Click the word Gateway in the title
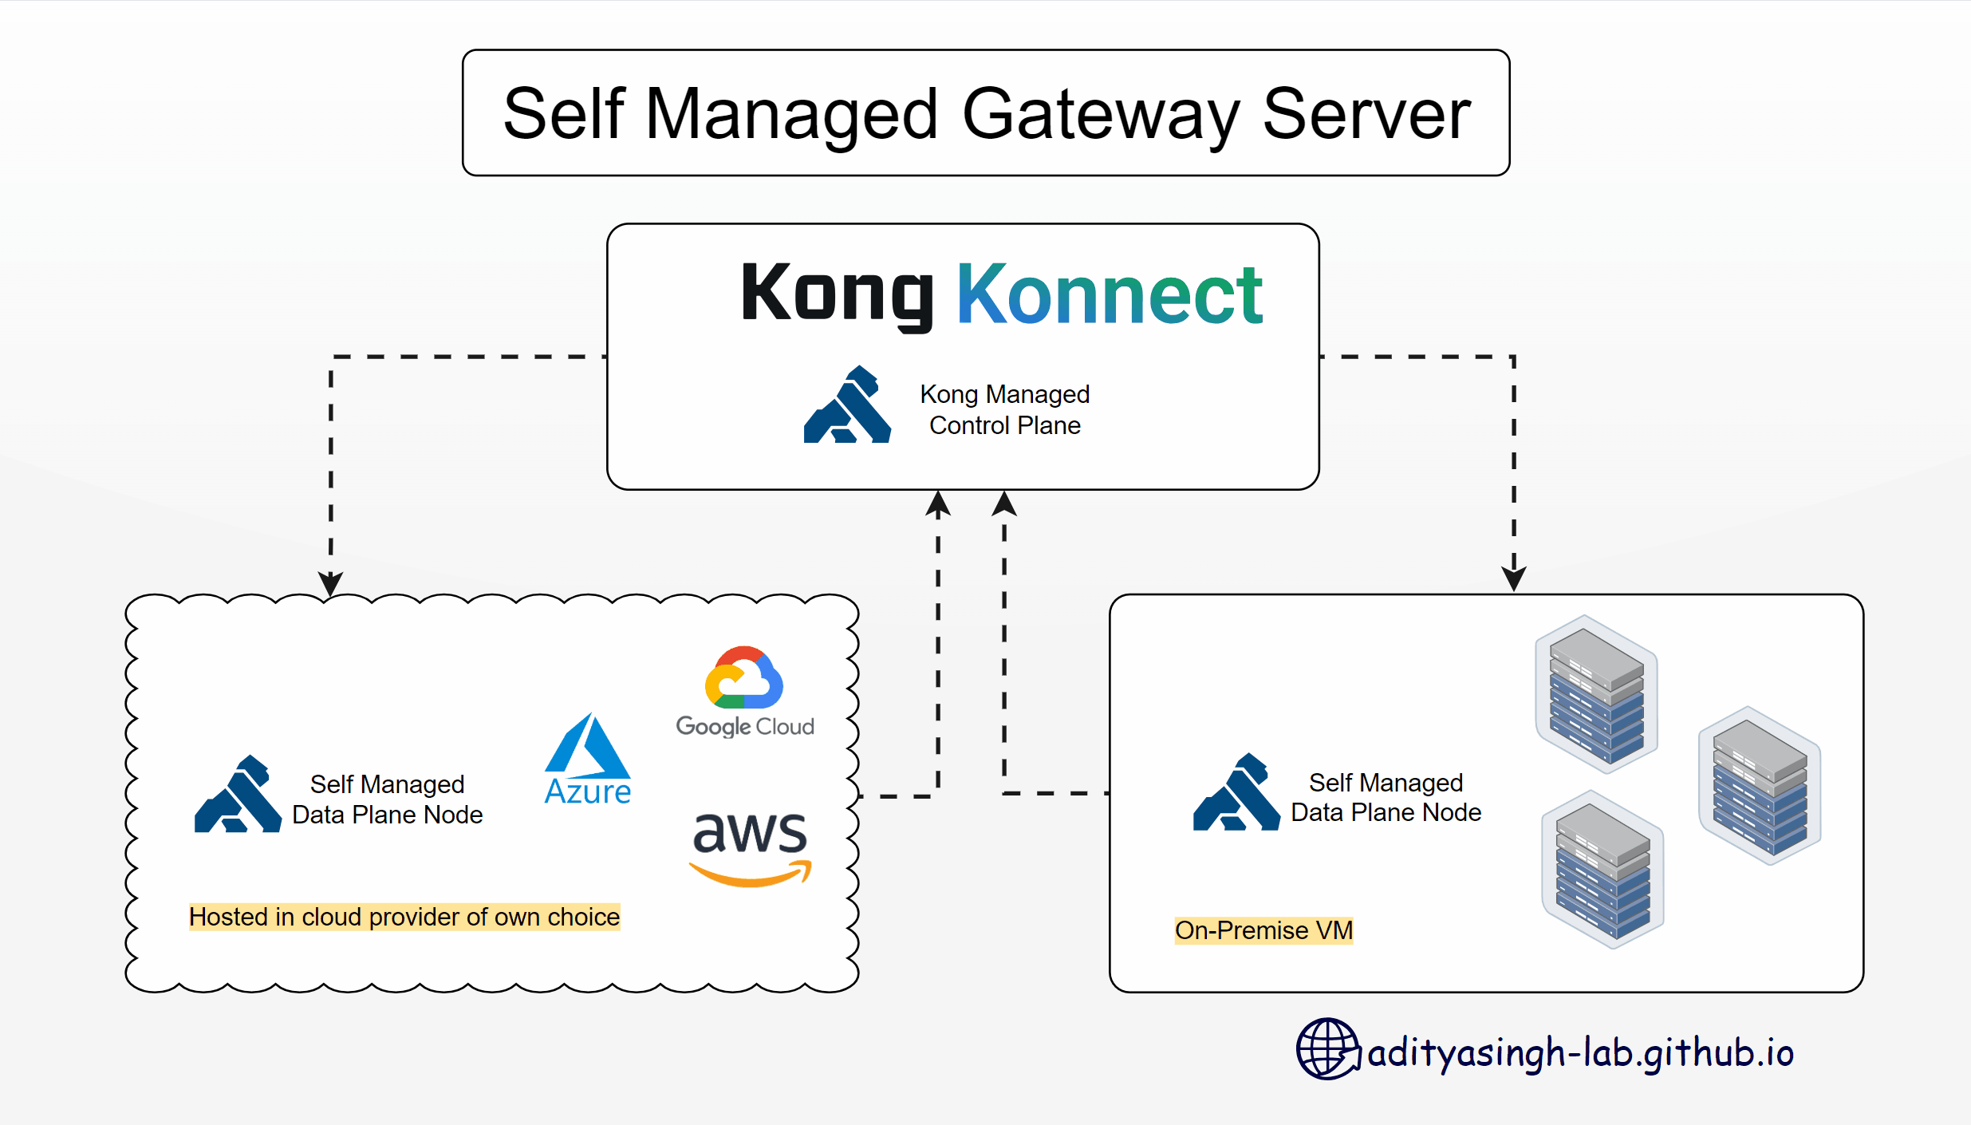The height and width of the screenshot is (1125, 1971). click(x=1101, y=114)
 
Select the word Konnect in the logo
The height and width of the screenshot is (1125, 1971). click(x=1109, y=295)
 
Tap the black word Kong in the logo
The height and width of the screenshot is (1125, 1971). click(x=837, y=294)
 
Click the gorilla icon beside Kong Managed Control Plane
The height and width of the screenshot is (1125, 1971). click(x=847, y=405)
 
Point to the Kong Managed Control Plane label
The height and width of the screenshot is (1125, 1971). click(x=1004, y=409)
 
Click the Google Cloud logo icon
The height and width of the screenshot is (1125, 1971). click(x=744, y=678)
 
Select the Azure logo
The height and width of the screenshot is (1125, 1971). click(x=588, y=759)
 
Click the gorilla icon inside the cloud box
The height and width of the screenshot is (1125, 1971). click(x=238, y=795)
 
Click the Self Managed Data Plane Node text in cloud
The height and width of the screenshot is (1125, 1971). click(x=388, y=799)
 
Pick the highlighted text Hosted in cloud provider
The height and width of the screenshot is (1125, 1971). click(x=404, y=917)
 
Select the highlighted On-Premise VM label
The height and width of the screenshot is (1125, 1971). click(x=1263, y=930)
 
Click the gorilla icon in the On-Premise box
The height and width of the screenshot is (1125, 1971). click(x=1236, y=792)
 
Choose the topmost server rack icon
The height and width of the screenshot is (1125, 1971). click(x=1596, y=694)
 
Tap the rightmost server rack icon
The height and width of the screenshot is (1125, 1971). click(x=1760, y=785)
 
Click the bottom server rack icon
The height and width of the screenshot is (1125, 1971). click(x=1602, y=869)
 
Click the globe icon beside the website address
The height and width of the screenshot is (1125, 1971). click(x=1327, y=1048)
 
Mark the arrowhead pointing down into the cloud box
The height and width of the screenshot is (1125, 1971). click(x=330, y=583)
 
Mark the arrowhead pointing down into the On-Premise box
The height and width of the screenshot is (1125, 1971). click(x=1513, y=578)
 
